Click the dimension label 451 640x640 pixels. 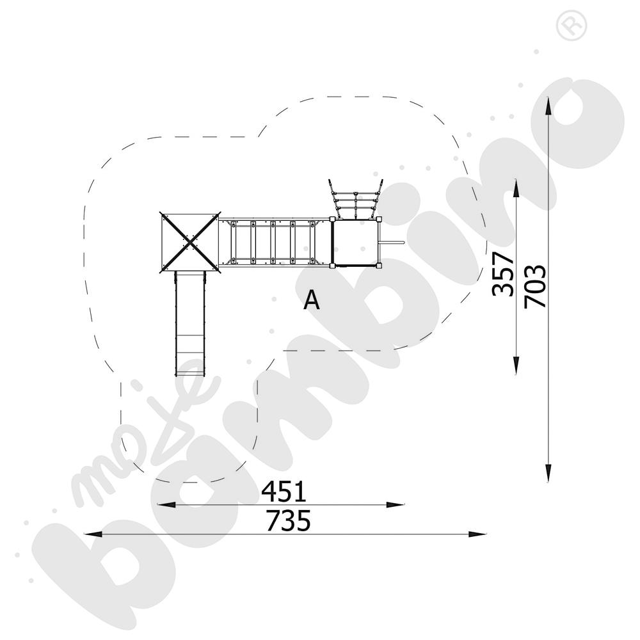pyautogui.click(x=284, y=492)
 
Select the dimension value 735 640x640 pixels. pyautogui.click(x=288, y=520)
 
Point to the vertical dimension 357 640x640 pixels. pyautogui.click(x=502, y=274)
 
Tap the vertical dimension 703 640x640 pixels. pyautogui.click(x=535, y=287)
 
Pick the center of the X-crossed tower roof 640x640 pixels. pyautogui.click(x=190, y=243)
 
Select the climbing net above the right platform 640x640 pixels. pyautogui.click(x=355, y=198)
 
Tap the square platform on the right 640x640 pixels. pyautogui.click(x=356, y=243)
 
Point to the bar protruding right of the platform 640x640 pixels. pyautogui.click(x=392, y=243)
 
